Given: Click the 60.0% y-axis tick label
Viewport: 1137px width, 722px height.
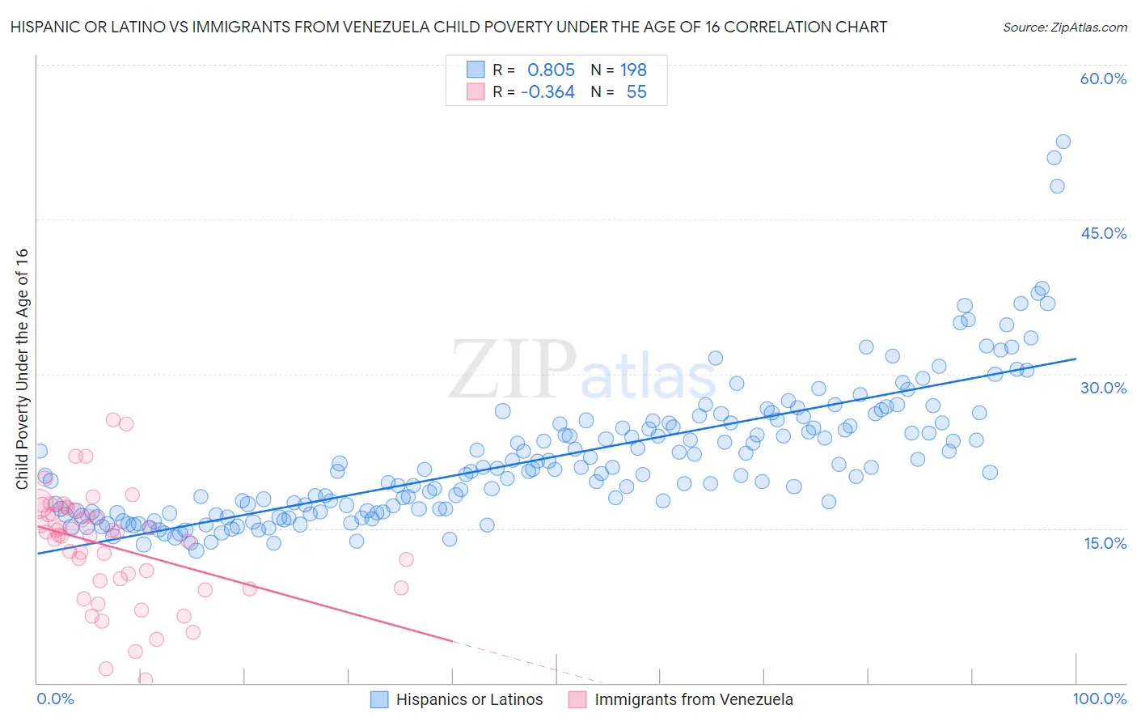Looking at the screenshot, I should (x=1103, y=79).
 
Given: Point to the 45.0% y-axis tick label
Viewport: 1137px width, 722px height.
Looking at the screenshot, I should (x=1103, y=233).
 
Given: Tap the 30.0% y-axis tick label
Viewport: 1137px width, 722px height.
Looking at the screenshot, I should (x=1103, y=388).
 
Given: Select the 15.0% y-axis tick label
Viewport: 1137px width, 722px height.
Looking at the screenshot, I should (x=1105, y=543).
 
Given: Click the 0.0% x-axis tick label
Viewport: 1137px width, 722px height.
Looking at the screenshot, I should (x=55, y=699).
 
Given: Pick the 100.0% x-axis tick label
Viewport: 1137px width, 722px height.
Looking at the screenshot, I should (x=1099, y=699).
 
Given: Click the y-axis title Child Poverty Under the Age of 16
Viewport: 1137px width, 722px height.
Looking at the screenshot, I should (x=22, y=369).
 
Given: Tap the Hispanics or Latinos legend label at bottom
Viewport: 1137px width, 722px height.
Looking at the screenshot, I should (x=469, y=699).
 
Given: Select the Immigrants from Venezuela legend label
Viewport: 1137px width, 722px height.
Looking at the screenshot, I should (x=694, y=699).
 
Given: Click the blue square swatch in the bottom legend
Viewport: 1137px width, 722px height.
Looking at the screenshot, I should (x=379, y=699).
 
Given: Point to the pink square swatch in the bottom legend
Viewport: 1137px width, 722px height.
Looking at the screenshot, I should (x=577, y=699).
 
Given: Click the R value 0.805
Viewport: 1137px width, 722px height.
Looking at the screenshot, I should (x=551, y=70).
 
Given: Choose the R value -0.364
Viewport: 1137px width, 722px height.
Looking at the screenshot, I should (x=547, y=91).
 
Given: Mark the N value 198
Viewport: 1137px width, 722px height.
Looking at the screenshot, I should (x=633, y=70).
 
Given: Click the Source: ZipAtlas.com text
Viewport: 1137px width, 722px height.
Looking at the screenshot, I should (x=1064, y=27).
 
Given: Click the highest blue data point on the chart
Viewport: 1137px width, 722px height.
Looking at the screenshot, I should (x=1063, y=142).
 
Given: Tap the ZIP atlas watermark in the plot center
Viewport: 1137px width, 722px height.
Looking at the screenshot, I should (x=582, y=371).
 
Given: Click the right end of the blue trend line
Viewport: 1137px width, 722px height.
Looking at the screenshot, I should (x=1076, y=359).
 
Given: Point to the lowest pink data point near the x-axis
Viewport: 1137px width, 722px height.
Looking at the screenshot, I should (x=146, y=679).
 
